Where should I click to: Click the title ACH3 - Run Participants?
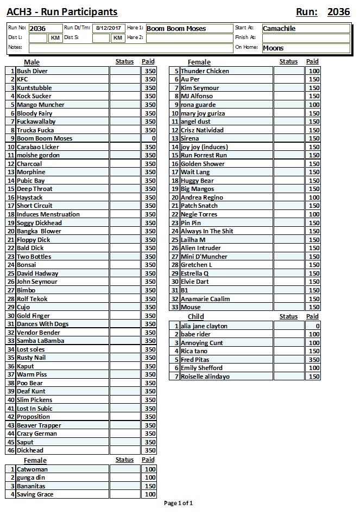click(x=62, y=12)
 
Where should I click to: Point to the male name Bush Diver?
click(x=32, y=71)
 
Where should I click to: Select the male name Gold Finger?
click(x=33, y=316)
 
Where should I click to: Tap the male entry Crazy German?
click(x=36, y=434)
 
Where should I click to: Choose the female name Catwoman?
click(x=32, y=469)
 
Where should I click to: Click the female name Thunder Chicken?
click(x=205, y=71)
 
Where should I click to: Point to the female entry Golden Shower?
click(x=203, y=164)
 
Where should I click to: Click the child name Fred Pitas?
click(x=195, y=360)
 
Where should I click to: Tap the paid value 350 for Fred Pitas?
click(x=314, y=360)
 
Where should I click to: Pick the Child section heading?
click(x=195, y=316)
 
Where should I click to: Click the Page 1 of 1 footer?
click(x=178, y=503)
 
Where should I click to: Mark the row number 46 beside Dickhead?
click(x=11, y=450)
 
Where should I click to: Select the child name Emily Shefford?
click(x=201, y=368)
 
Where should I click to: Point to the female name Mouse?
click(x=191, y=307)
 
